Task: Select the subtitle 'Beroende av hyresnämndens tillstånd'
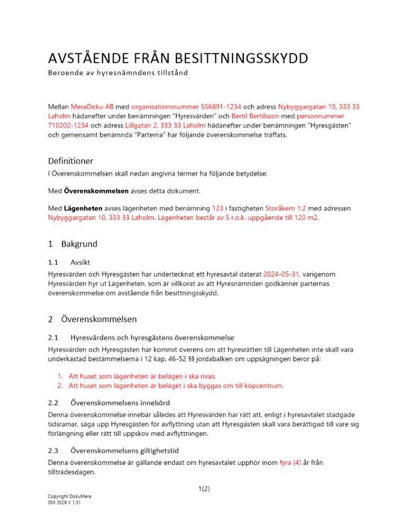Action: [117, 72]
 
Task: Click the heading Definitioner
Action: [71, 160]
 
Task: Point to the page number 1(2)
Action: [203, 489]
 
